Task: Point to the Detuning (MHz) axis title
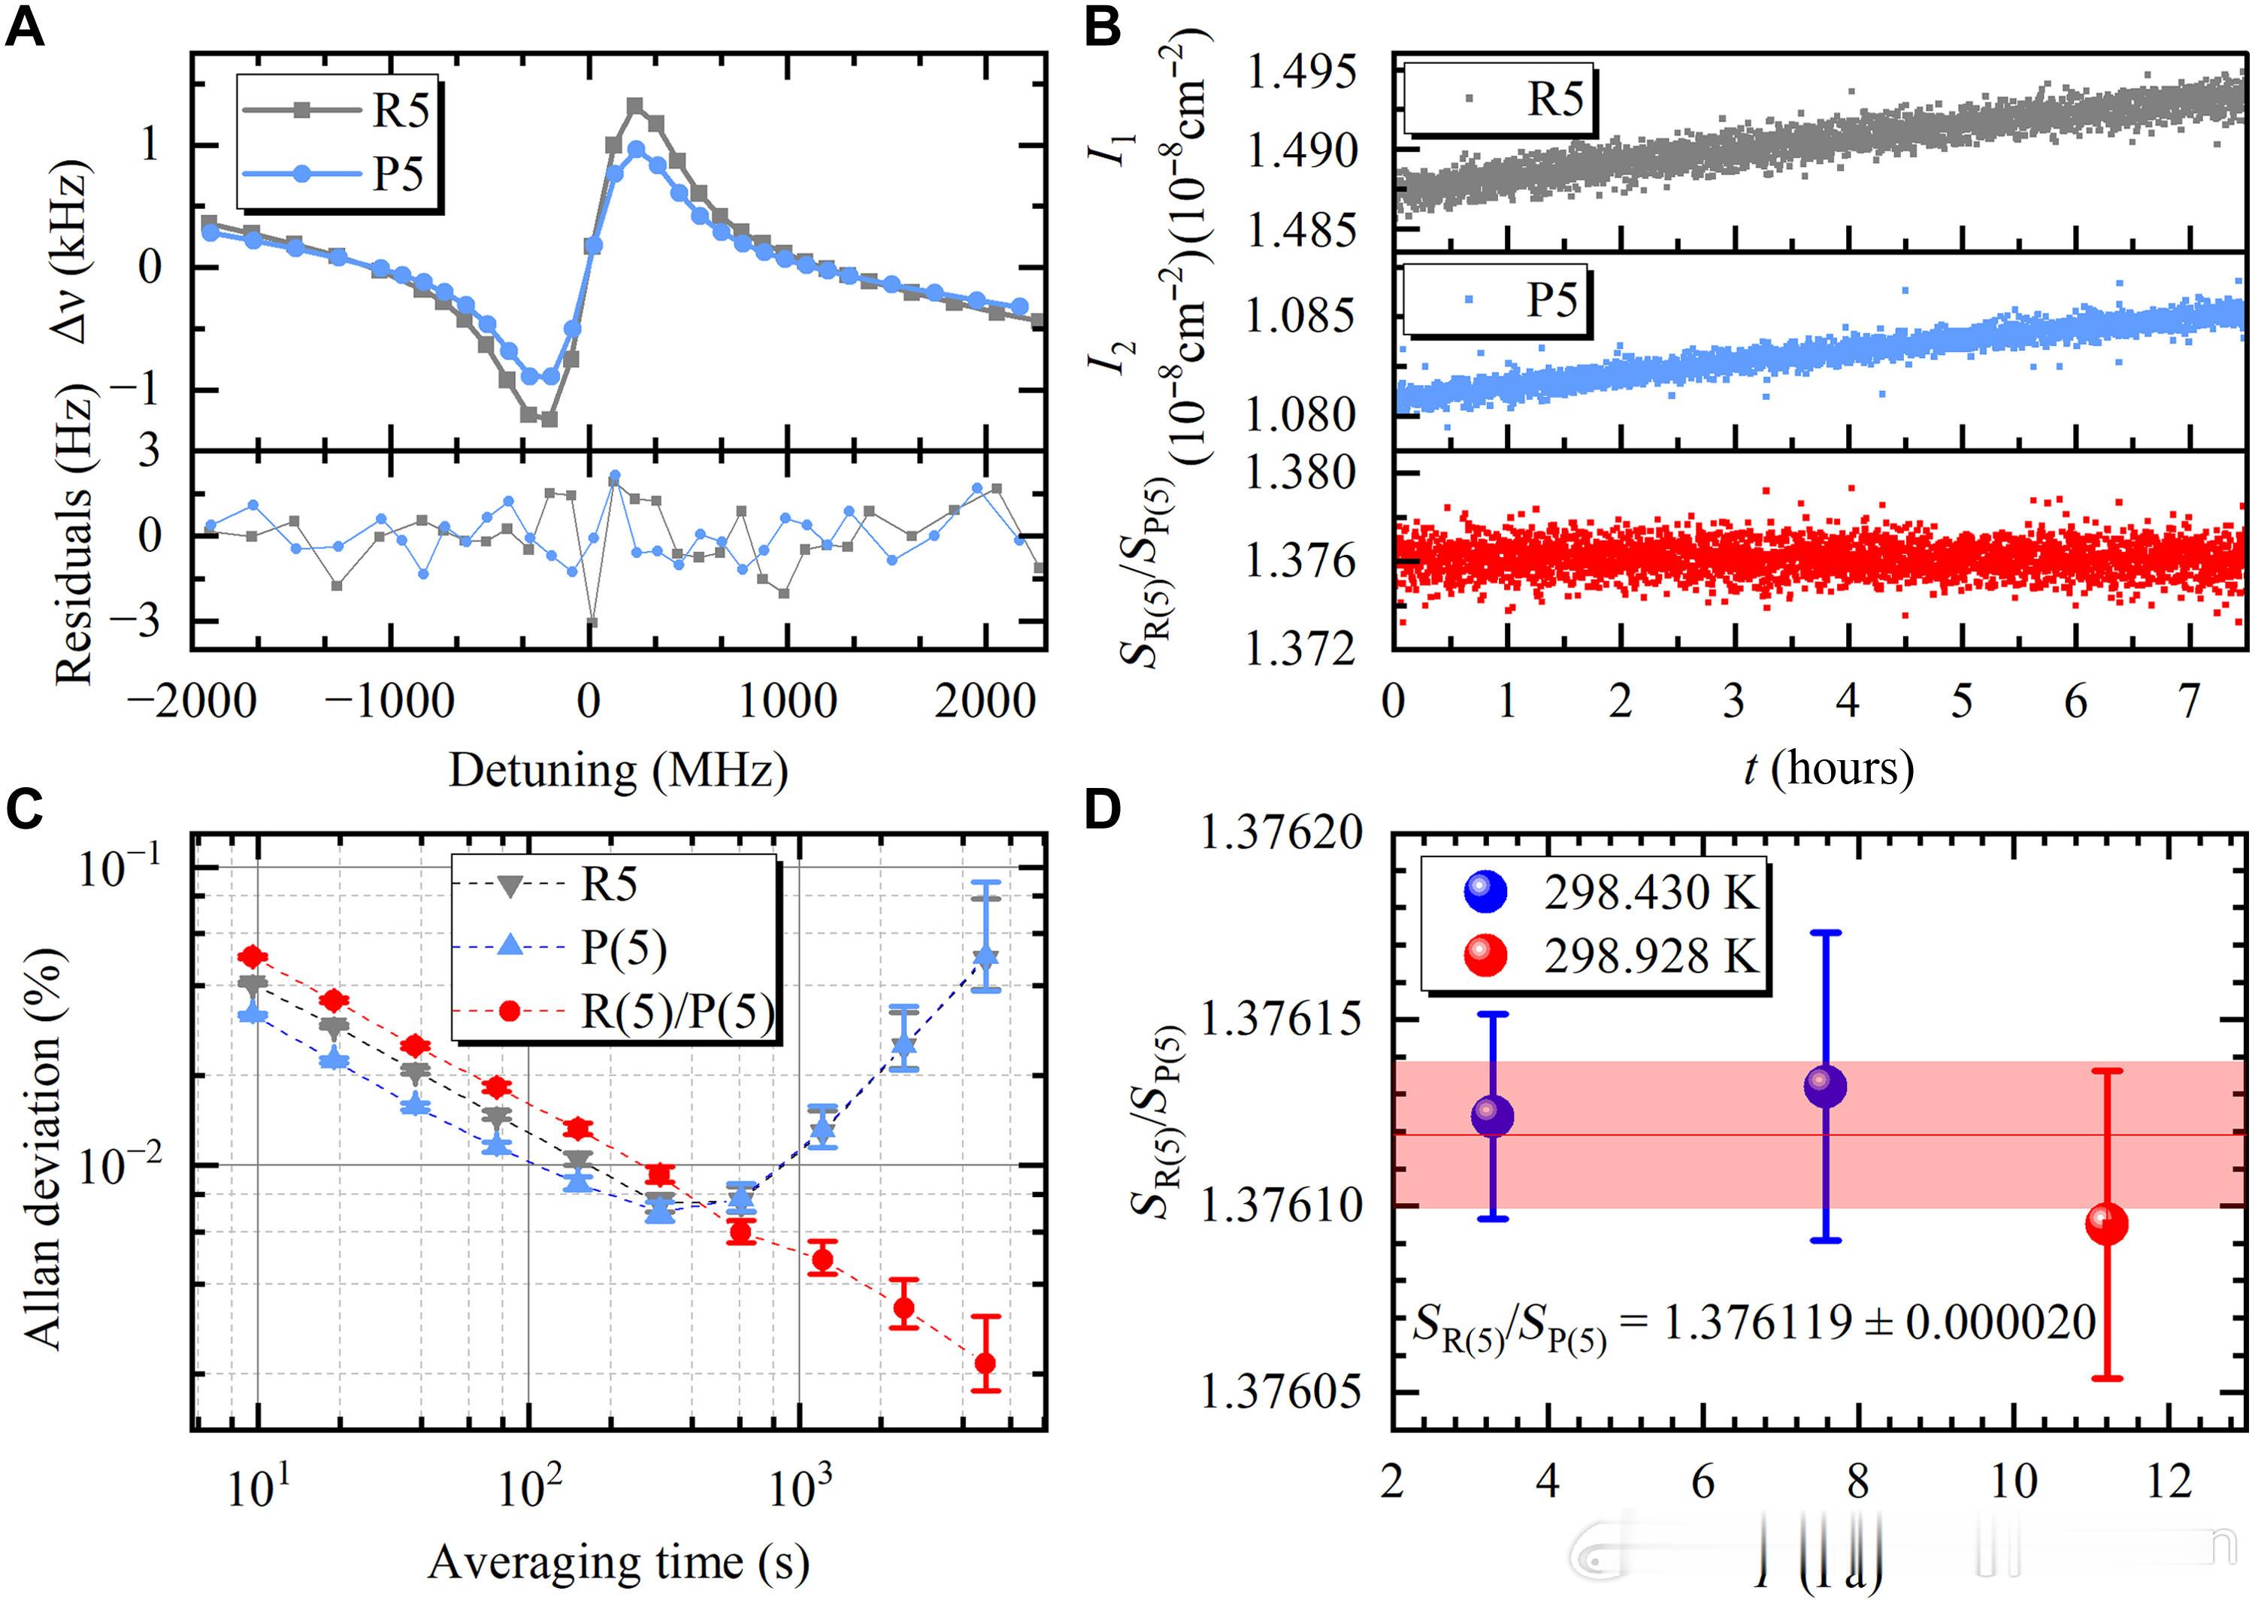(619, 771)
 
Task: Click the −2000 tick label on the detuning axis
(193, 702)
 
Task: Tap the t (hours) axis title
(1829, 768)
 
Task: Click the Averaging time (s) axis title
(619, 1562)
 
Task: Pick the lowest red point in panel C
(985, 1364)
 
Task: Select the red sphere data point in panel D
(2107, 1225)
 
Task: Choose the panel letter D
(1103, 811)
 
